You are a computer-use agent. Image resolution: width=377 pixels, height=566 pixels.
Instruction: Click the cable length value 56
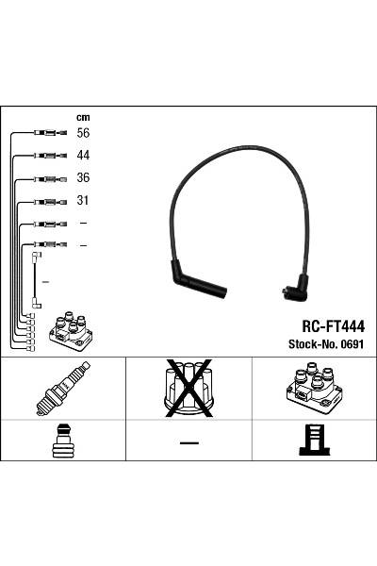click(83, 134)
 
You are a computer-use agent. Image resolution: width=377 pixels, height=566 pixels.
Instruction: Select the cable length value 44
click(83, 156)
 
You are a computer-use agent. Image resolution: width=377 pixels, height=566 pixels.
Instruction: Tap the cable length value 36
click(83, 178)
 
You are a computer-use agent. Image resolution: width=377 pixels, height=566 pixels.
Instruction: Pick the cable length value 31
click(83, 201)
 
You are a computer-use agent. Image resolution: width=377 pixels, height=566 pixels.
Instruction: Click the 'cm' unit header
click(83, 118)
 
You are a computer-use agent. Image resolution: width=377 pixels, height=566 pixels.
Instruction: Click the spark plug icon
click(63, 390)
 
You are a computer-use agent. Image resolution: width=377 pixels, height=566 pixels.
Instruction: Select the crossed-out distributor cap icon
click(188, 388)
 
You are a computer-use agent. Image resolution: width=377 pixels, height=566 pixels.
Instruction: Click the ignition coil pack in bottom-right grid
click(314, 390)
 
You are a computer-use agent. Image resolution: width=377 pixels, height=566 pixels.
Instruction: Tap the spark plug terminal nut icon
click(63, 441)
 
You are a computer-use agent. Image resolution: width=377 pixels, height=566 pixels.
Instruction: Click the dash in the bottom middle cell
click(188, 442)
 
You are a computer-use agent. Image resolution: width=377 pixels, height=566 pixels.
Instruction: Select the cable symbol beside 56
click(48, 134)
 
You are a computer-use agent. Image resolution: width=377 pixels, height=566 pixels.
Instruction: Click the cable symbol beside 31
click(48, 201)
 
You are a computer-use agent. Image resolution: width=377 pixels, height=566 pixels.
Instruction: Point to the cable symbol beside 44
click(48, 156)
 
